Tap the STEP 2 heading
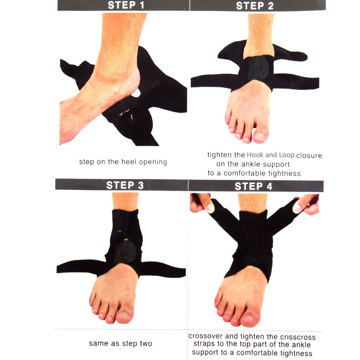254,6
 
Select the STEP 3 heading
125,185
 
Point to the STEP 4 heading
253,186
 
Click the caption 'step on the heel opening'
123,162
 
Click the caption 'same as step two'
120,343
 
